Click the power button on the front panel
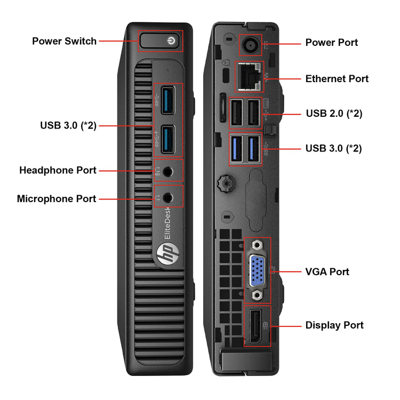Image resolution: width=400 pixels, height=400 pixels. point(160,41)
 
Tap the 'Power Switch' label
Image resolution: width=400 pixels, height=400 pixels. point(65,41)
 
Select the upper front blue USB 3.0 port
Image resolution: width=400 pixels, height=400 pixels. point(168,100)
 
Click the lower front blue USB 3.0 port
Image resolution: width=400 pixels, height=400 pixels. point(168,139)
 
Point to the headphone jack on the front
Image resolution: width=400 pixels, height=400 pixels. point(168,171)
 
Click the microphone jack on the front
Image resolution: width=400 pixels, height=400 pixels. point(168,197)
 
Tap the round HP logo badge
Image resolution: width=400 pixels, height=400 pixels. point(168,253)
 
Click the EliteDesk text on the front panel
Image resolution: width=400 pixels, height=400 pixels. point(167,223)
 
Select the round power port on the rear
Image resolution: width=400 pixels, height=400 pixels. point(250,45)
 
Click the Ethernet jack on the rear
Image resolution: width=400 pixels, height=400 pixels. point(249,76)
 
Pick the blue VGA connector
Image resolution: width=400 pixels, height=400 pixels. point(257,271)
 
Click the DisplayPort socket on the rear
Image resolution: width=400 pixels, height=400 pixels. point(255,326)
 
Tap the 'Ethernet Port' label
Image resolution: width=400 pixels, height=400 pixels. point(337,79)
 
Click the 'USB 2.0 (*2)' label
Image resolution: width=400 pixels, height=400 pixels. point(334,114)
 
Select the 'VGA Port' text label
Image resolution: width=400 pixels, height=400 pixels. point(327,271)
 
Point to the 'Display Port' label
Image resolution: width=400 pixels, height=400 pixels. point(334,325)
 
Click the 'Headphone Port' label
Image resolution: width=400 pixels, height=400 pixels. point(58,170)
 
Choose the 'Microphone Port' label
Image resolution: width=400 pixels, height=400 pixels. point(57,199)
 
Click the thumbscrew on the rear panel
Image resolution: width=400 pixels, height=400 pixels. point(226,183)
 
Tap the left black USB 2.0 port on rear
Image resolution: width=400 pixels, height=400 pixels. point(236,113)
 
